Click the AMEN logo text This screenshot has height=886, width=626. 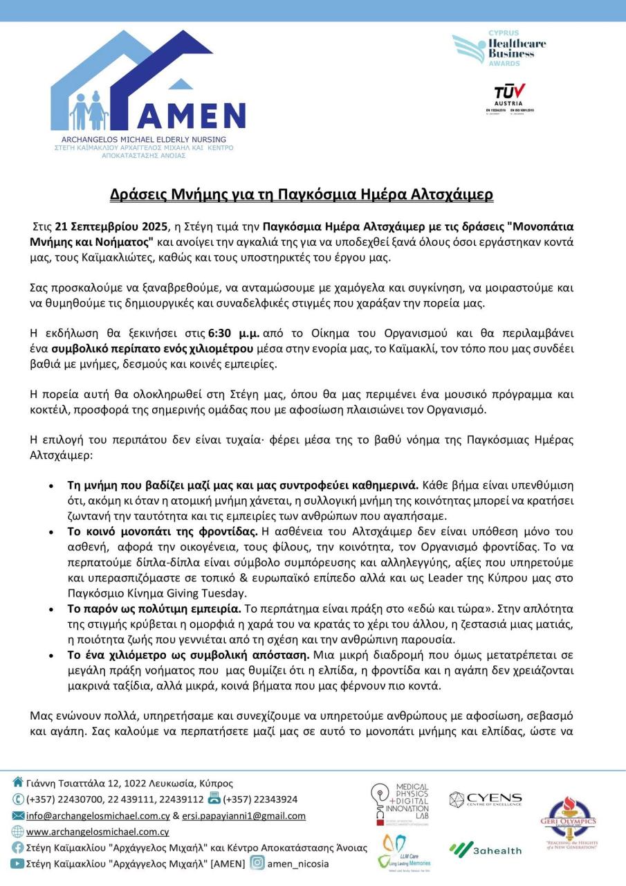point(192,114)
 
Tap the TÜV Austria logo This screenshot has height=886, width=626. point(509,96)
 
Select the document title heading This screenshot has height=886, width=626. point(302,194)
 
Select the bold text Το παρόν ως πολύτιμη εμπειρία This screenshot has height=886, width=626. point(154,609)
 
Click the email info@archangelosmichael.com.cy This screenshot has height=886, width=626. point(98,816)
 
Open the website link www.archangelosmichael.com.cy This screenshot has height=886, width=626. point(98,832)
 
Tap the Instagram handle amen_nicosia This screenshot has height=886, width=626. point(298,864)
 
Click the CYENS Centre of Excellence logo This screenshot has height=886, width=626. point(485,800)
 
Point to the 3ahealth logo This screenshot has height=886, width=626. point(485,849)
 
